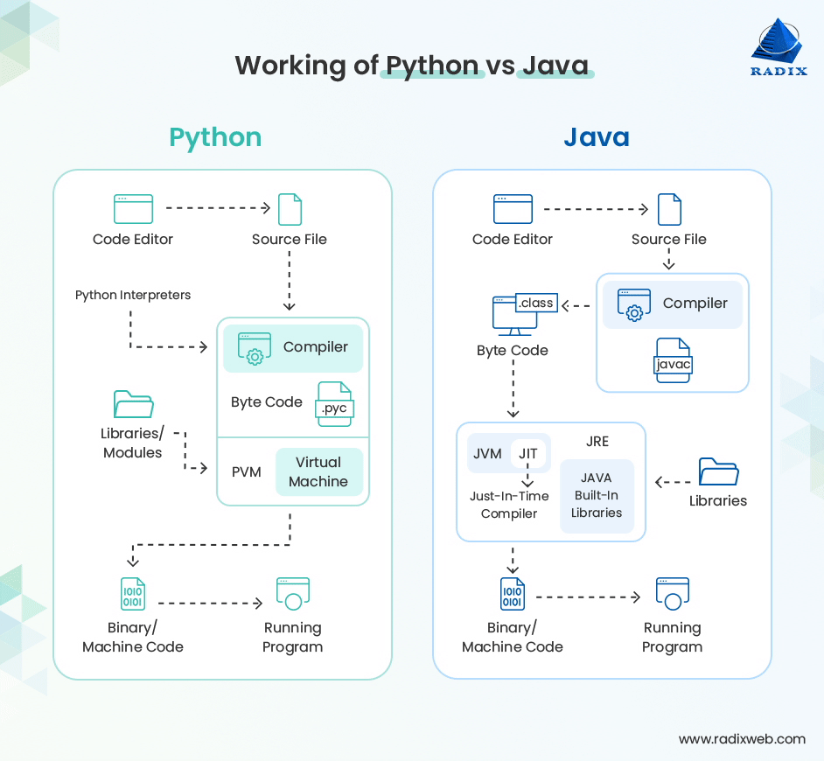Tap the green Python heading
(215, 137)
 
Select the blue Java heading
(596, 137)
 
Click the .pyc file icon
(334, 405)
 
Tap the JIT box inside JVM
(527, 454)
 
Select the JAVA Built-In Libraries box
(597, 495)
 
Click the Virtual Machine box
(318, 472)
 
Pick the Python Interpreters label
(133, 295)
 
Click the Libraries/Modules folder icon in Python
(133, 404)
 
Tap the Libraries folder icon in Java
(718, 471)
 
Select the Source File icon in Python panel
(290, 210)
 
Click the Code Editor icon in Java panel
(513, 210)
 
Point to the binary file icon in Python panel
(133, 594)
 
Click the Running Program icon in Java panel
(672, 594)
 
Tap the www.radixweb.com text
(742, 739)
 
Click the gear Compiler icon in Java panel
(634, 304)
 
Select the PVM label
(246, 472)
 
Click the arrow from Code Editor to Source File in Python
(218, 208)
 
